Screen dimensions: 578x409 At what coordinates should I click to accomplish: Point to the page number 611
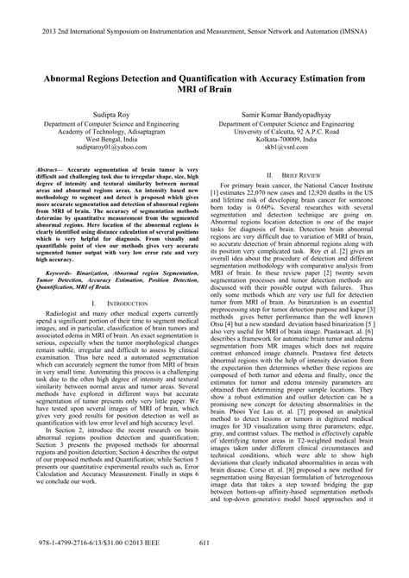(204, 566)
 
